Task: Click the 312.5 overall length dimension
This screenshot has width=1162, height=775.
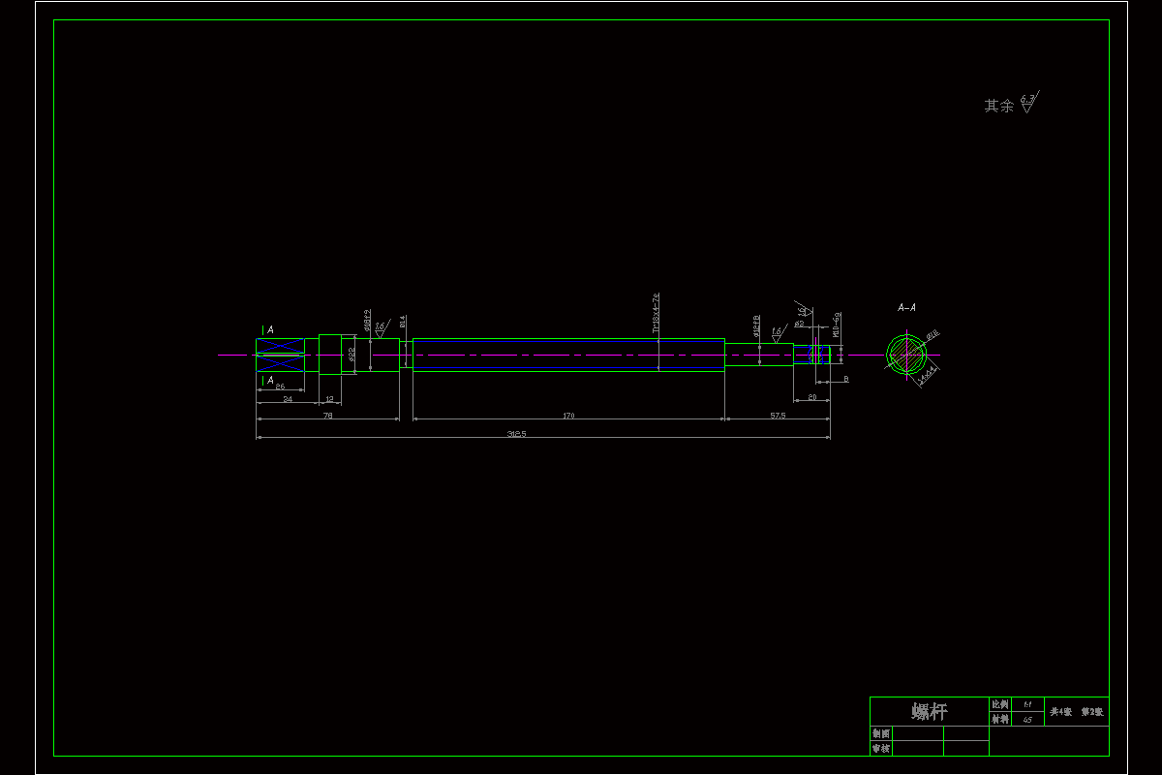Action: tap(516, 434)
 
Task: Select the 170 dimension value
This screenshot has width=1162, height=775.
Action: tap(568, 416)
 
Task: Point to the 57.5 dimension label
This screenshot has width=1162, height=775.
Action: tap(778, 416)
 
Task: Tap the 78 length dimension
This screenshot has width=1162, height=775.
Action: tap(327, 416)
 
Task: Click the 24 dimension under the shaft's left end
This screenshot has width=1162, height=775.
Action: tap(288, 399)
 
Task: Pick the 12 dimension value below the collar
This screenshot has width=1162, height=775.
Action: tap(329, 399)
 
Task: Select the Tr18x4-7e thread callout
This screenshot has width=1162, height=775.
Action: tap(656, 313)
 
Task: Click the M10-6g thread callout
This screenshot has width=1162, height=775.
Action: tap(836, 325)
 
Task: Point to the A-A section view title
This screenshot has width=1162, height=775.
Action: tap(906, 308)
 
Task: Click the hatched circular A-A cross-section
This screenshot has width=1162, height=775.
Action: tap(906, 355)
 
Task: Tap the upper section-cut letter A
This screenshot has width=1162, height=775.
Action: tap(268, 330)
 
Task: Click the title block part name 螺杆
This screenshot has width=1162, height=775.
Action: tap(929, 712)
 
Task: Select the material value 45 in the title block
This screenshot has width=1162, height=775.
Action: tap(1027, 720)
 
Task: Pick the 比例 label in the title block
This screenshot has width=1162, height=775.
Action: tap(1000, 704)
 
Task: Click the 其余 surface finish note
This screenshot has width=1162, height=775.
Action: tap(999, 106)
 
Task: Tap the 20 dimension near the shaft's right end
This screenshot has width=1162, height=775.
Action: tap(811, 398)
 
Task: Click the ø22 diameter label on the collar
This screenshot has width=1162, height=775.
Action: tap(351, 356)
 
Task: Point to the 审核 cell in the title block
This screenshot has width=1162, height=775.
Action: tap(880, 748)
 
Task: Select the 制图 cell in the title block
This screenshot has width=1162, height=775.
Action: tap(880, 733)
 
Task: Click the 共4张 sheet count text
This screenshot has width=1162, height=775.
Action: tap(1061, 712)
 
